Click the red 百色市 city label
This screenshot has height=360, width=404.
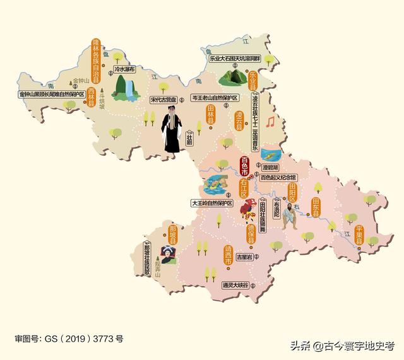click(x=246, y=167)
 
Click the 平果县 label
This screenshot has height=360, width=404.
click(x=359, y=235)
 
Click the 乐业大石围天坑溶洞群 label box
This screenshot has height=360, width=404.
click(x=235, y=59)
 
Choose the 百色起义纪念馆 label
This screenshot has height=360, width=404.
click(x=278, y=178)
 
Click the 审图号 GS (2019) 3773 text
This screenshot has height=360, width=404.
click(x=69, y=339)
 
